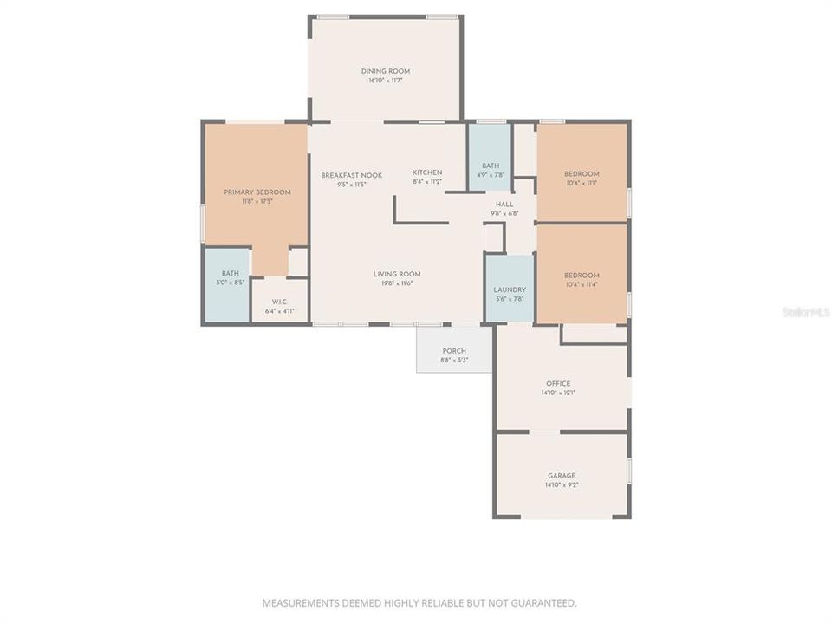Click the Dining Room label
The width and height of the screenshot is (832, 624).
(386, 71)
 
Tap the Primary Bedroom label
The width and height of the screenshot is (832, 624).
(257, 192)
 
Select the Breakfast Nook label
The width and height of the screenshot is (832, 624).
(351, 175)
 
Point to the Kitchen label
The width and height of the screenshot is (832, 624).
(427, 172)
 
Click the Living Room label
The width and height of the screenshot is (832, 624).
(397, 274)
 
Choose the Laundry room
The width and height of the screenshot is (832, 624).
(509, 289)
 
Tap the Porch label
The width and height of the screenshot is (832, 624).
(454, 350)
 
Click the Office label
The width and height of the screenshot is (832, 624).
(558, 383)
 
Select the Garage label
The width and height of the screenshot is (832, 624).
(562, 475)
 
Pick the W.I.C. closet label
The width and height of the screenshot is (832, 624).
(279, 302)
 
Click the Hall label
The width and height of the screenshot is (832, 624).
(504, 204)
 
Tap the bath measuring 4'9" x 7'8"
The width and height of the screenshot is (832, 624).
(491, 166)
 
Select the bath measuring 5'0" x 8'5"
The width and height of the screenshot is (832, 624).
(230, 273)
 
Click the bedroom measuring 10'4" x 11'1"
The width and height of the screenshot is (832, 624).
(582, 173)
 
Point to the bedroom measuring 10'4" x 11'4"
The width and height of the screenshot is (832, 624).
(582, 276)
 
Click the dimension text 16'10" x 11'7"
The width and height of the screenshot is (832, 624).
(386, 81)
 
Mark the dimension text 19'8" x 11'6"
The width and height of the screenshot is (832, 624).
(397, 283)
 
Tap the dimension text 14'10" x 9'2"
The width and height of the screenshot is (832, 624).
(562, 484)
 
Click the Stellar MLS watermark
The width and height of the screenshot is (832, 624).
(805, 311)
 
